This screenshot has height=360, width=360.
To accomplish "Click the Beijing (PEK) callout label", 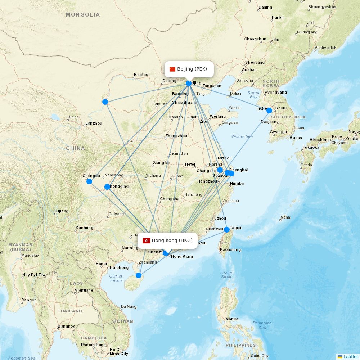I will tap(189, 69).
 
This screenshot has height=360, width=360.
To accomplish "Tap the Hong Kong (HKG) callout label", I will tap(168, 240).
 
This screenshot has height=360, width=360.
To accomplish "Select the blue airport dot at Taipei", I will tap(227, 230).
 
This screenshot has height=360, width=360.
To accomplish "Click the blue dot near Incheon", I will tap(269, 111).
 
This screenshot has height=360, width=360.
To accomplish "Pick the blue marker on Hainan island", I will tap(139, 276).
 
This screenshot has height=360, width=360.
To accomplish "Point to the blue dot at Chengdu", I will tap(89, 181).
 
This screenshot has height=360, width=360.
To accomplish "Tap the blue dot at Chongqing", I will tap(107, 187).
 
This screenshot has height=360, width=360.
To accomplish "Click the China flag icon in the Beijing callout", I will tap(172, 69).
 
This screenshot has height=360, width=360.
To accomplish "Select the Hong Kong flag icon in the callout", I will tap(146, 240).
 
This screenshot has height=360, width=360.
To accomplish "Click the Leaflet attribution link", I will tap(350, 356).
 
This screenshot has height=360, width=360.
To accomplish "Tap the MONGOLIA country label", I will tap(83, 15).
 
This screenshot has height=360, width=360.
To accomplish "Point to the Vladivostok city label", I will tap(325, 48).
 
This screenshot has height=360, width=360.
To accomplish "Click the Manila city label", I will tap(231, 319).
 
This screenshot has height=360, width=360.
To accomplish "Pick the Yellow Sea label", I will tap(242, 136).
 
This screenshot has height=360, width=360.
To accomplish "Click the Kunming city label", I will tap(84, 228).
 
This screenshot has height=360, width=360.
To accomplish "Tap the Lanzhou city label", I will tap(94, 123).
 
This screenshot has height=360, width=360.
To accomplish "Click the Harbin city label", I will tap(278, 17).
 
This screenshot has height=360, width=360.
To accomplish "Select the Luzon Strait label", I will tap(226, 275).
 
